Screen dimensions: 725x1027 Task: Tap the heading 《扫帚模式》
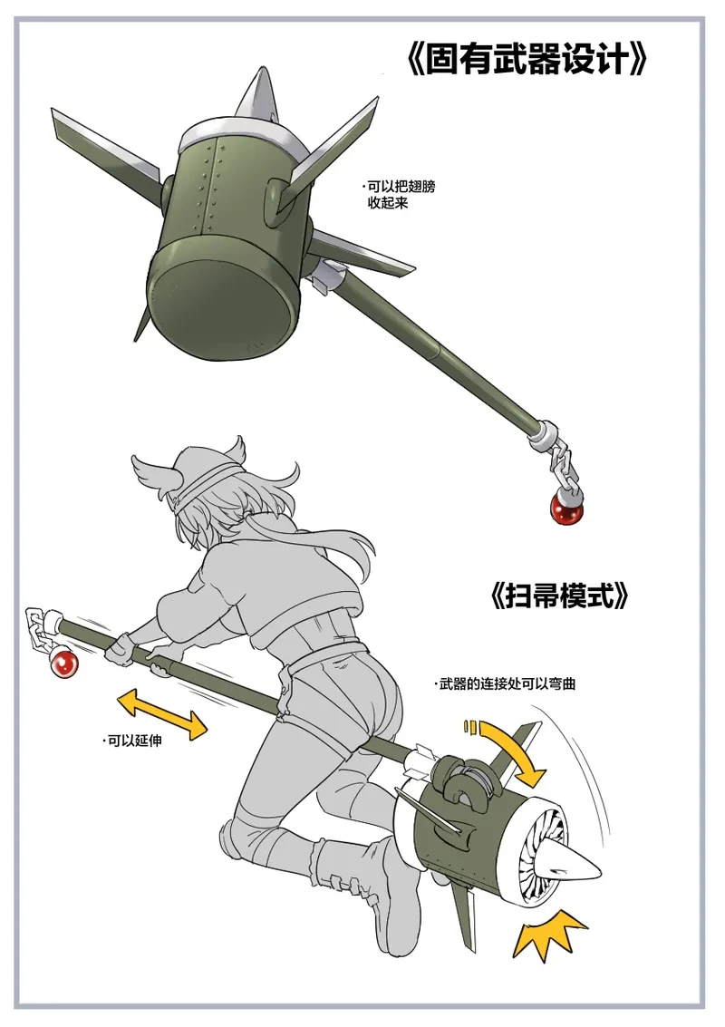click(x=559, y=596)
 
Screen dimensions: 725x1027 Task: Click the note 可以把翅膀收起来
click(x=400, y=195)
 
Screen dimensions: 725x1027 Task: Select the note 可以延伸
click(x=133, y=741)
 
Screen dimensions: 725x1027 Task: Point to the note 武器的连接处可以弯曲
click(x=504, y=684)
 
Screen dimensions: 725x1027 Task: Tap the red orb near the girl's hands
click(x=63, y=664)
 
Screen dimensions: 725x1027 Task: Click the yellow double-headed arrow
click(x=162, y=714)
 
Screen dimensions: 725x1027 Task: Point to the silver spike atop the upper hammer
click(x=256, y=95)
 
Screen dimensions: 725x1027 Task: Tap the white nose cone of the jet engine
click(x=576, y=865)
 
